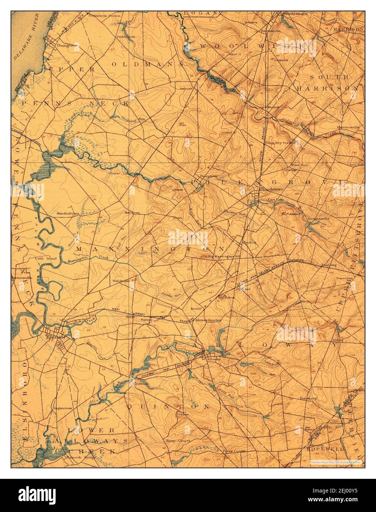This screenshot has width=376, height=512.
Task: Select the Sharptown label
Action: point(207,176)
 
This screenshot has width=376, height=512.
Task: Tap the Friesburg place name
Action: point(298,398)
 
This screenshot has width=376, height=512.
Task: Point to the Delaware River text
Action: point(27,41)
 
